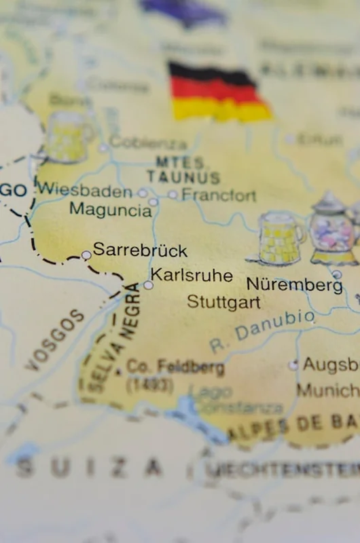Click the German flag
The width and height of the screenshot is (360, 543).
coord(219,93)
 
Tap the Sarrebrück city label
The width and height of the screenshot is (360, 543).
coord(140,250)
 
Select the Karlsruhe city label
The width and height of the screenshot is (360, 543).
coord(192,275)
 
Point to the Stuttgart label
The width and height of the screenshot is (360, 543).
coord(223,301)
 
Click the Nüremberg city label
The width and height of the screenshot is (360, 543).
coord(294,284)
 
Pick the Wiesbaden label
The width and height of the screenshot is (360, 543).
coord(84,189)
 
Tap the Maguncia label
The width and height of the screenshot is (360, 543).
coord(110,210)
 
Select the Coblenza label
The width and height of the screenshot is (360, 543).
coord(147,143)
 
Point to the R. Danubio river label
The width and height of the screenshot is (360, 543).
coord(262,331)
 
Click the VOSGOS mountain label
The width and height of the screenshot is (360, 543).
coord(57,339)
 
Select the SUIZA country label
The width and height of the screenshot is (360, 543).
coord(88,466)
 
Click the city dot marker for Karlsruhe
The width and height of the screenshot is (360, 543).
coord(148,285)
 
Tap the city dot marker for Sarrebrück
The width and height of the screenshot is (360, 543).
coord(86,255)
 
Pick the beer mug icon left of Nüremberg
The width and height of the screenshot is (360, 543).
coord(278,238)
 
